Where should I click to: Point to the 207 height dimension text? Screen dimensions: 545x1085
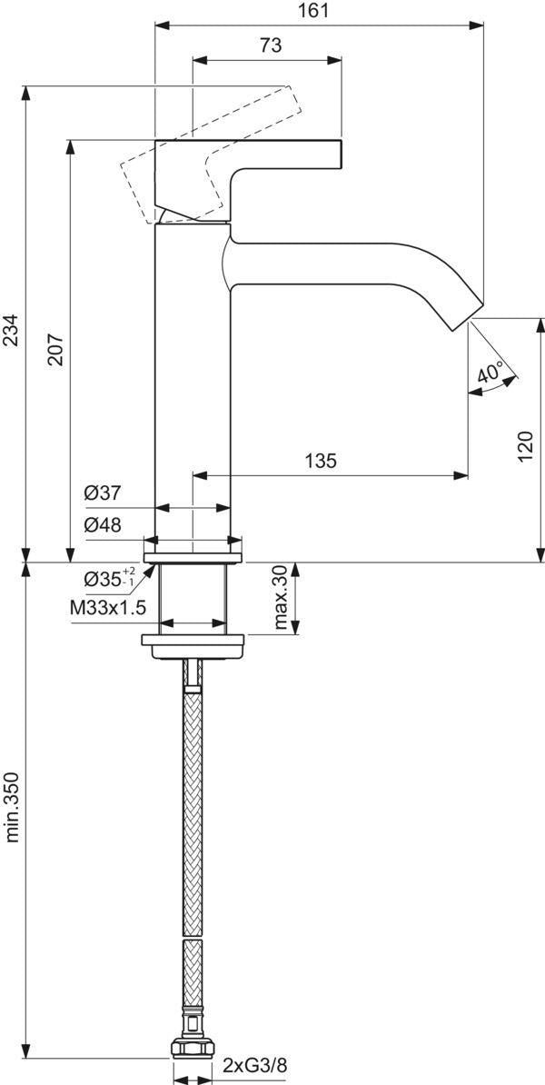point(55,350)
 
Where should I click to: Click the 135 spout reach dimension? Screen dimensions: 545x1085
point(322,460)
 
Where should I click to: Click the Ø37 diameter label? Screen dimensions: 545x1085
point(103,493)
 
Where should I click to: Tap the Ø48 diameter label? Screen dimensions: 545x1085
point(103,525)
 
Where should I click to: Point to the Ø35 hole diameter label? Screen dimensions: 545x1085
point(109,579)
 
